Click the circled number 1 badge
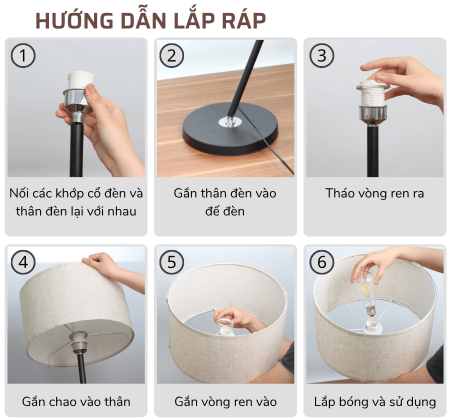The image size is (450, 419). coord(23,55)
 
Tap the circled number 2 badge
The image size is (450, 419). coord(172,55)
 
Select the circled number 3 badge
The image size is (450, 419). coord(321,55)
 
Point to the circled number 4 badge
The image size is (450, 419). coord(23,262)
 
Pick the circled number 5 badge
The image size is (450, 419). coord(172,262)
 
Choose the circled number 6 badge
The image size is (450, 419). coord(321,262)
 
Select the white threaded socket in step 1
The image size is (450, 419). coord(79,83)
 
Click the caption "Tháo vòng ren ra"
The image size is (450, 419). coord(374,193)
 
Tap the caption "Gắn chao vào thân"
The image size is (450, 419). coord(76,401)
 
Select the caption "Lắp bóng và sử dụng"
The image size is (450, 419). coord(375,401)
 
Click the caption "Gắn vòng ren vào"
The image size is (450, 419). coord(225,401)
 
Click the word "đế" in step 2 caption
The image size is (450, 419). coord(211,211)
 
